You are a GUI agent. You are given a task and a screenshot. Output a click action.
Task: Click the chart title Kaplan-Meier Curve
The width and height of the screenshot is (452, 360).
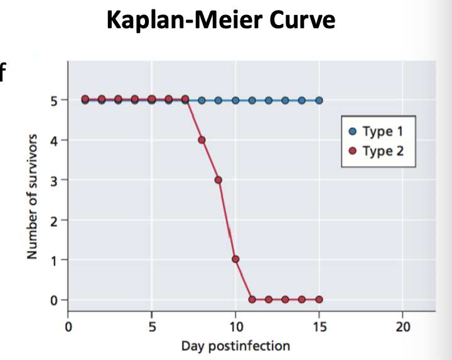coord(221,20)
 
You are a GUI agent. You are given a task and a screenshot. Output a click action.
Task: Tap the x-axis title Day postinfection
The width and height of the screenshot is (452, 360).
coord(235,346)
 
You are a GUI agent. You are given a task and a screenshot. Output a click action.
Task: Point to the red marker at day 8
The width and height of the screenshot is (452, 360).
coord(202,140)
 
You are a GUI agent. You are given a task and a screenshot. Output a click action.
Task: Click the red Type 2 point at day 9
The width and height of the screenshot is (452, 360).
coord(218,180)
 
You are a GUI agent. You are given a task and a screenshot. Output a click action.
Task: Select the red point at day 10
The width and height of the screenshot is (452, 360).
coord(235,259)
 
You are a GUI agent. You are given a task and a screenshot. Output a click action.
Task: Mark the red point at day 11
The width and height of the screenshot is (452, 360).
coord(252,299)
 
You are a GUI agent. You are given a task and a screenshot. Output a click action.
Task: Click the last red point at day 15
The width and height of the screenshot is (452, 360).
coord(319,299)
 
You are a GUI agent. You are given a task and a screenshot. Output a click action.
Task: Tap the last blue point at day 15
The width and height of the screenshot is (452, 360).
coord(319,100)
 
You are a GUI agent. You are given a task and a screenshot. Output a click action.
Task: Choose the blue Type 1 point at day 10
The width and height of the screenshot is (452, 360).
coord(235,100)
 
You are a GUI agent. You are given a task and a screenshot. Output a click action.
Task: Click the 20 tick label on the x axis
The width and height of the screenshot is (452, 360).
coord(402,326)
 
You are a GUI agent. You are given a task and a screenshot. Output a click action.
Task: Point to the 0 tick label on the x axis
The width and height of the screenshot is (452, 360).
coord(68,326)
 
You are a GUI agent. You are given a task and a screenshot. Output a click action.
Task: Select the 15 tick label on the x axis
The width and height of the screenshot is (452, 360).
coord(319,326)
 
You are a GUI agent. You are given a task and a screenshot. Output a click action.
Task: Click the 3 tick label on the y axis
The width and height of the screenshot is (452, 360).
coord(54,181)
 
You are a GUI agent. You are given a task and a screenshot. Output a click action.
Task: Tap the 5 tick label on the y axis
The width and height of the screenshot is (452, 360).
coord(54,100)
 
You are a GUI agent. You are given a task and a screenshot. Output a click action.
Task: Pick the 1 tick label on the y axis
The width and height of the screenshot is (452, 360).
coord(54,260)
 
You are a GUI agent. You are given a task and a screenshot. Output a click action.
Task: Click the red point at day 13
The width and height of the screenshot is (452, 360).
coord(286,299)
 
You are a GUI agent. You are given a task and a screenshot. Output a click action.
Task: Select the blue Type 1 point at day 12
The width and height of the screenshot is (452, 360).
coord(269,100)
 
